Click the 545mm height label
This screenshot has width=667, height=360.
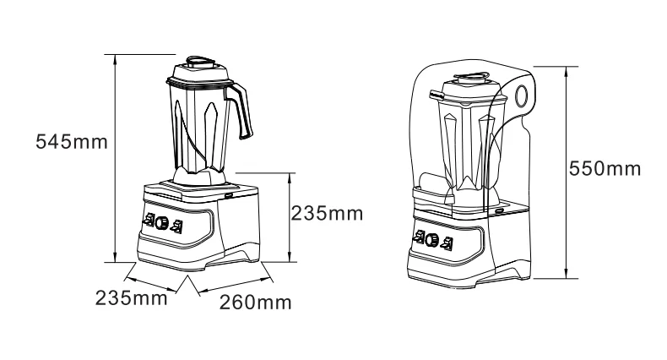tap(72, 141)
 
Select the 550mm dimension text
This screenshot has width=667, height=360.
tap(605, 168)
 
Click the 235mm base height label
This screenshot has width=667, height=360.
tap(327, 213)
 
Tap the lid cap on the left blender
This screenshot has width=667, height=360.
tap(200, 62)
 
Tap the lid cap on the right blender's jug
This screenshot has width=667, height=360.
tap(474, 78)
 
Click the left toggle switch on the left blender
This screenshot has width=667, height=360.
tap(149, 222)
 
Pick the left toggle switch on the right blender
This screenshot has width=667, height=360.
tap(418, 238)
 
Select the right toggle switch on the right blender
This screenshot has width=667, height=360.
tap(446, 242)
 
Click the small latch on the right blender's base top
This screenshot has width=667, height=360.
tap(499, 210)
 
